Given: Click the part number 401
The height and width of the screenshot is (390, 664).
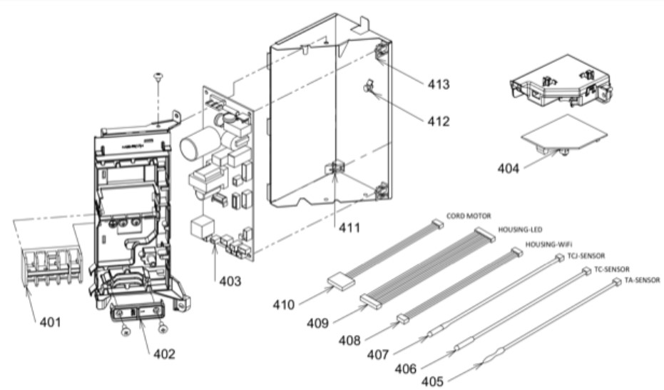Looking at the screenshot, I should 50,321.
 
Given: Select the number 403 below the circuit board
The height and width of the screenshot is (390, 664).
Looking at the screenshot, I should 230,281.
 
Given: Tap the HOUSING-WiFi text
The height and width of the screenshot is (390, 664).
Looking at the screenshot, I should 546,244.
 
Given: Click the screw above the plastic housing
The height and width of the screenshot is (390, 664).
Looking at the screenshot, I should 157,79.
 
